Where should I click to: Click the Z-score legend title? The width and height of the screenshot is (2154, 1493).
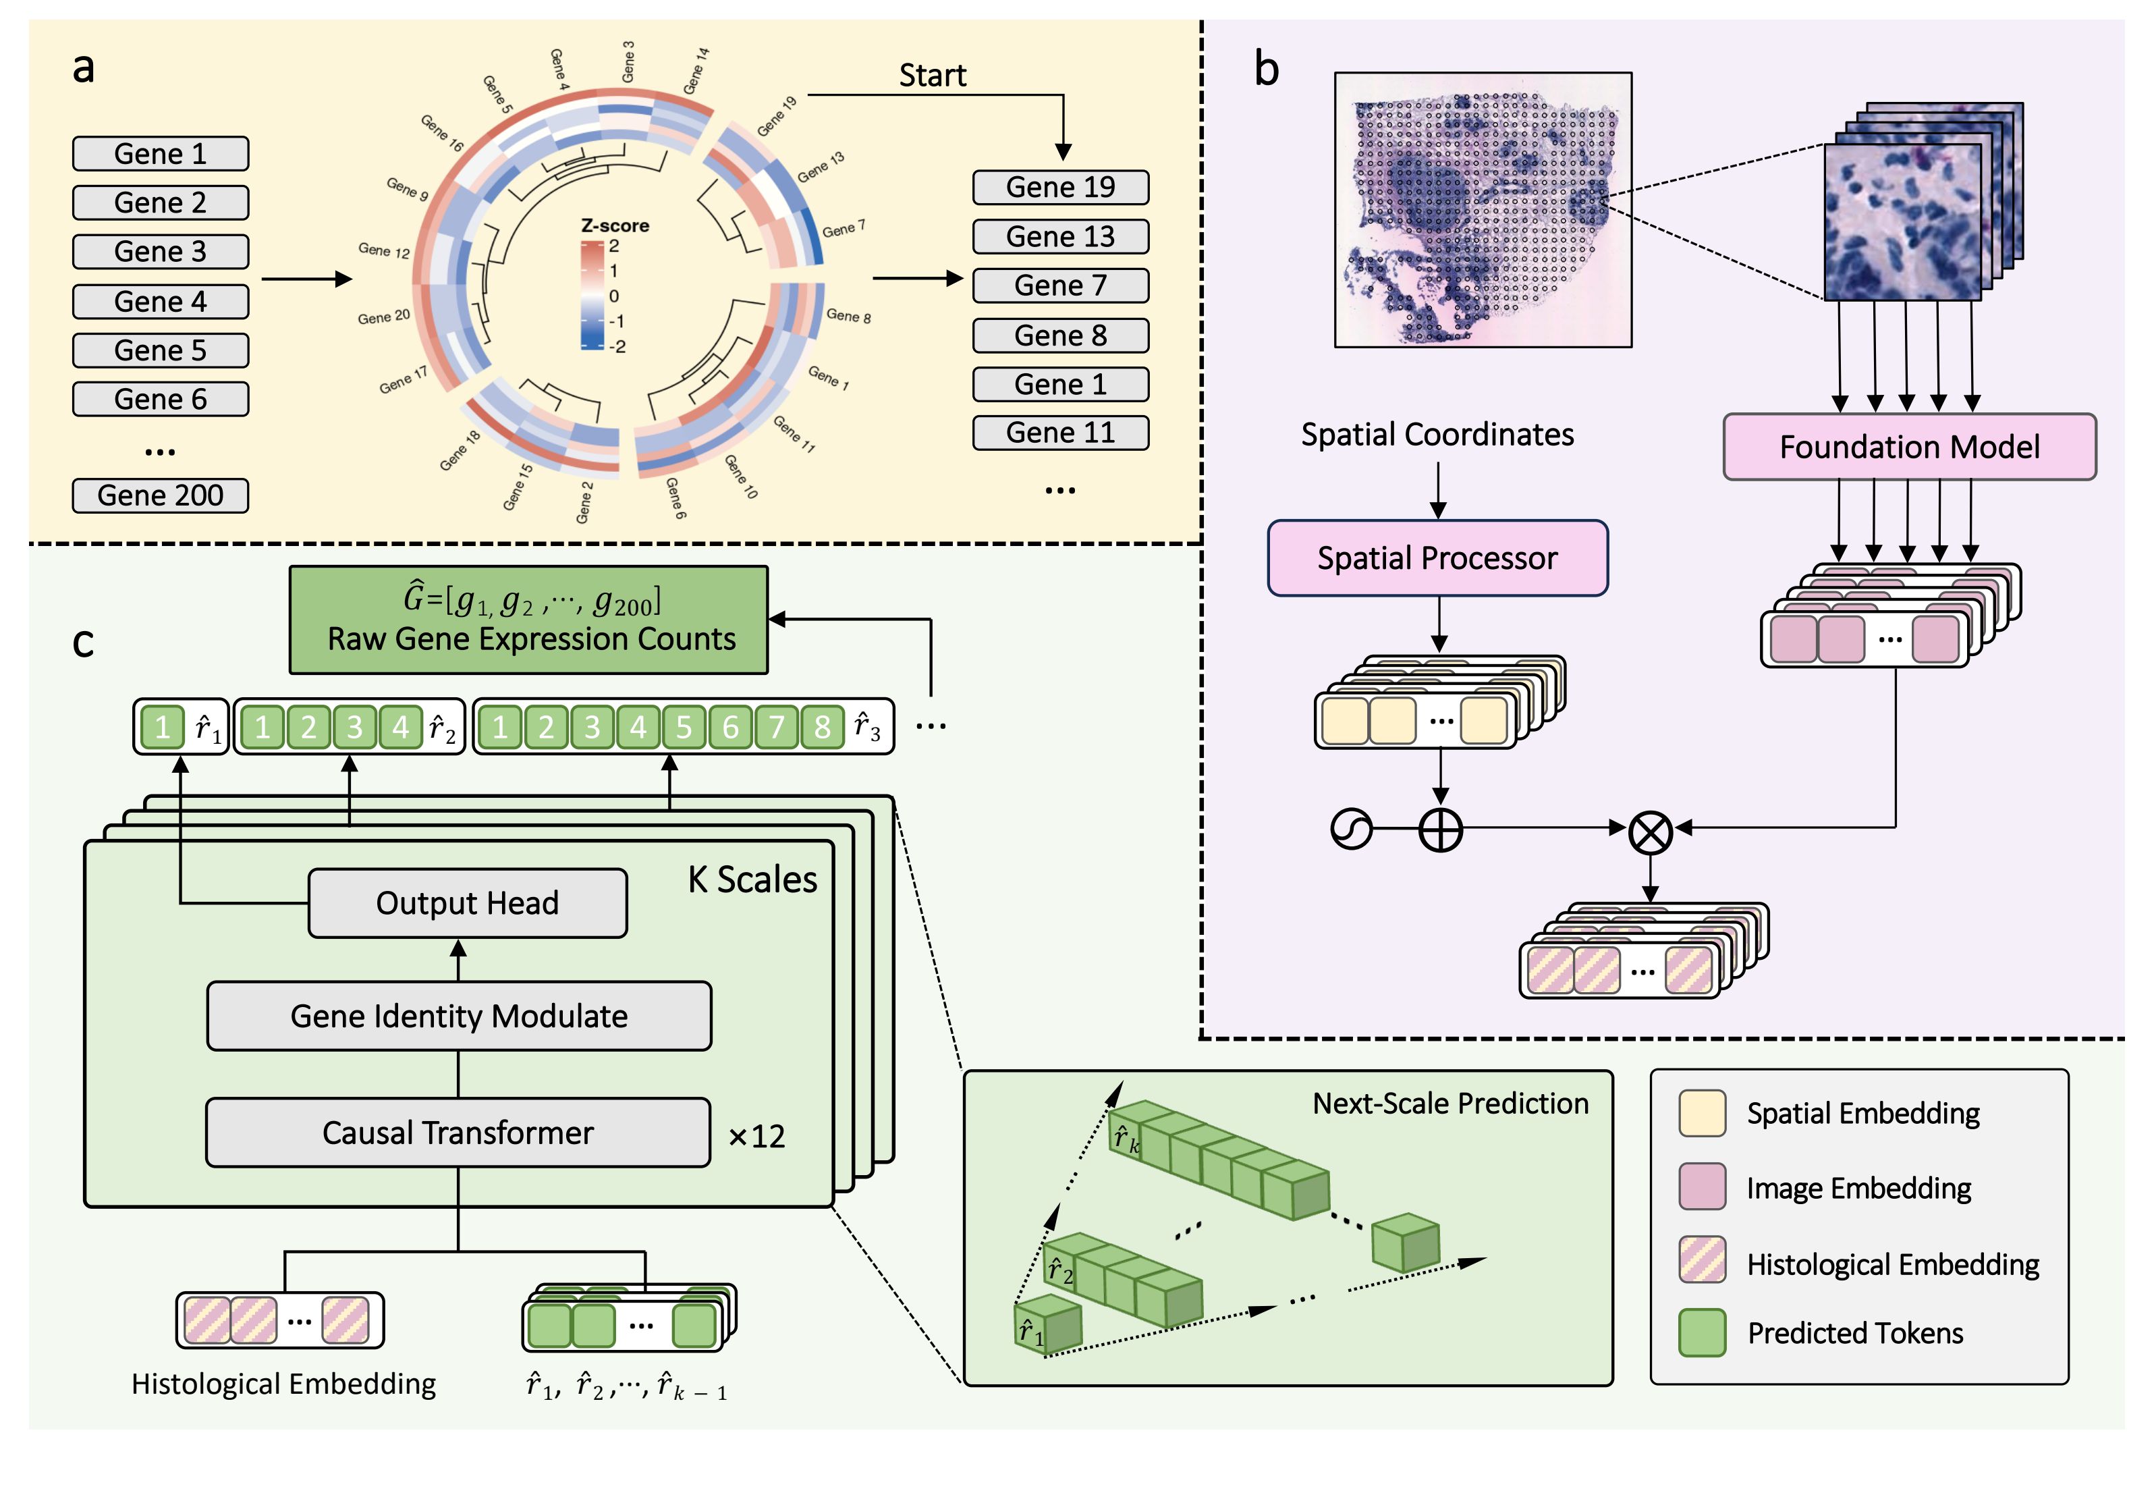coord(615,225)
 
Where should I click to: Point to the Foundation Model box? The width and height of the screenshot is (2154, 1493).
coord(1909,447)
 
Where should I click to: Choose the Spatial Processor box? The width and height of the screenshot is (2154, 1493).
coord(1437,558)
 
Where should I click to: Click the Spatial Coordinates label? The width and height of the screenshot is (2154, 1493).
coord(1437,434)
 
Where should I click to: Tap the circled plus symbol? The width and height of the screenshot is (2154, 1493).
coord(1440,830)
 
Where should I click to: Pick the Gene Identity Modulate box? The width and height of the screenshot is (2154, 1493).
coord(458,1016)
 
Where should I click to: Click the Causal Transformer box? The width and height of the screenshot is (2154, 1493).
coord(458,1133)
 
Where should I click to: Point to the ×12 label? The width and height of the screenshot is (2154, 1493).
coord(756,1137)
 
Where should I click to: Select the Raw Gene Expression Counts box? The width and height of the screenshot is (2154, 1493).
coord(528,620)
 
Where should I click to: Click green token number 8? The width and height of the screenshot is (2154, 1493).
coord(821,727)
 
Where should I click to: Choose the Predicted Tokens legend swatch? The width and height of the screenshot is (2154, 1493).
coord(1701,1332)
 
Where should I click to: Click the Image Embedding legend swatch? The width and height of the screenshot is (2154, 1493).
coord(1701,1187)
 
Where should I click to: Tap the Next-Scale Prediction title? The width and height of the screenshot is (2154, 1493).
coord(1449,1104)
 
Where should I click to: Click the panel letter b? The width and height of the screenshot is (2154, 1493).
coord(1267,70)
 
